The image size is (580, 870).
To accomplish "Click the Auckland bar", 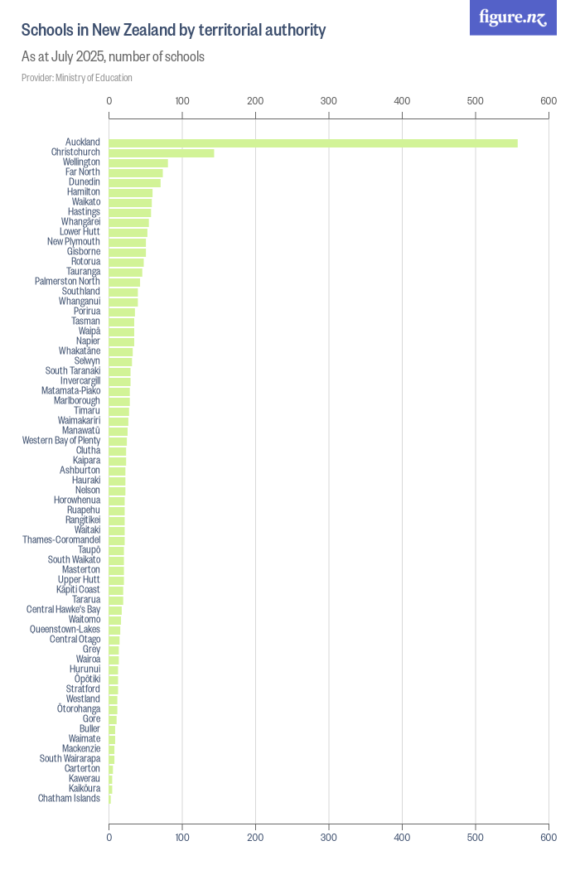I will [x=313, y=143].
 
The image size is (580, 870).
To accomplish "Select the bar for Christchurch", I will [x=162, y=152].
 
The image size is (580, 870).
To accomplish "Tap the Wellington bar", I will [x=138, y=162].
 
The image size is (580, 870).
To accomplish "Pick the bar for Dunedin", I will [x=135, y=182].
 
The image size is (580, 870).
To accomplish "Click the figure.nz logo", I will [x=513, y=17].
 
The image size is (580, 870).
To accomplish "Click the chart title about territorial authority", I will [x=173, y=31].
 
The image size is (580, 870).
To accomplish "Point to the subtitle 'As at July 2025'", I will [x=113, y=57].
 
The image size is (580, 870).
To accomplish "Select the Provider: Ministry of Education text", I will [x=76, y=78].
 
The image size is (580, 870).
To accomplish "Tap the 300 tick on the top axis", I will [x=329, y=101].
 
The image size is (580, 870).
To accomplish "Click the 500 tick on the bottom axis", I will [x=476, y=839].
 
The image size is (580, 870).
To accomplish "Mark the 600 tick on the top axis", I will [x=549, y=101].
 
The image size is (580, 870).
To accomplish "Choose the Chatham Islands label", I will [x=69, y=799].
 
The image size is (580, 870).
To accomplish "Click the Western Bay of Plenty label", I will [x=61, y=441].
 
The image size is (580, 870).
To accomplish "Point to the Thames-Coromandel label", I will [x=61, y=540].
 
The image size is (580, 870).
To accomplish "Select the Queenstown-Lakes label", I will [x=65, y=630].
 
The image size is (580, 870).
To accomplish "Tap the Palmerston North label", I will [x=67, y=282].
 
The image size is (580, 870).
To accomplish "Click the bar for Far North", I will [x=136, y=172].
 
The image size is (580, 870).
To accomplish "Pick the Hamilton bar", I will [x=131, y=192].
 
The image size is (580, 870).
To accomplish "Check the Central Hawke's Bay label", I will [x=63, y=610].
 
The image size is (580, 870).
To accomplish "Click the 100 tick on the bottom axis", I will [x=182, y=839].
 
